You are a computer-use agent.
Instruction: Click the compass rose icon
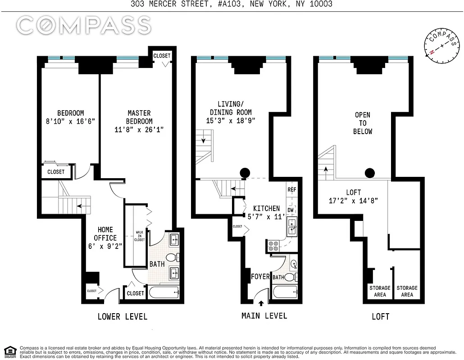(x=442, y=45)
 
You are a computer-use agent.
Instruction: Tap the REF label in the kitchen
(x=291, y=189)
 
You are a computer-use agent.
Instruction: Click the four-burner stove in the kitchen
(x=273, y=245)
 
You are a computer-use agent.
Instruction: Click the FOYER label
(x=260, y=276)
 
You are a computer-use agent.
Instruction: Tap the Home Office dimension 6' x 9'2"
(x=105, y=246)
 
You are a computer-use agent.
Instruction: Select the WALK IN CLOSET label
(x=140, y=236)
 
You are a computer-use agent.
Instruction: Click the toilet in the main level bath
(x=291, y=277)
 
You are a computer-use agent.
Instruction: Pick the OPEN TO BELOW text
(x=363, y=123)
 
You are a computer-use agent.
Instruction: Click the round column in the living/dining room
(x=245, y=172)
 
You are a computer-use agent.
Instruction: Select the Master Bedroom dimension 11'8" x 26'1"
(x=139, y=130)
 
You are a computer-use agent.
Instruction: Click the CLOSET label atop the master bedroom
(x=162, y=56)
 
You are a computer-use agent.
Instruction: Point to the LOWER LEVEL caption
(x=122, y=317)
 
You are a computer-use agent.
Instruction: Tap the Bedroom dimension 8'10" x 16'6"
(x=70, y=121)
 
